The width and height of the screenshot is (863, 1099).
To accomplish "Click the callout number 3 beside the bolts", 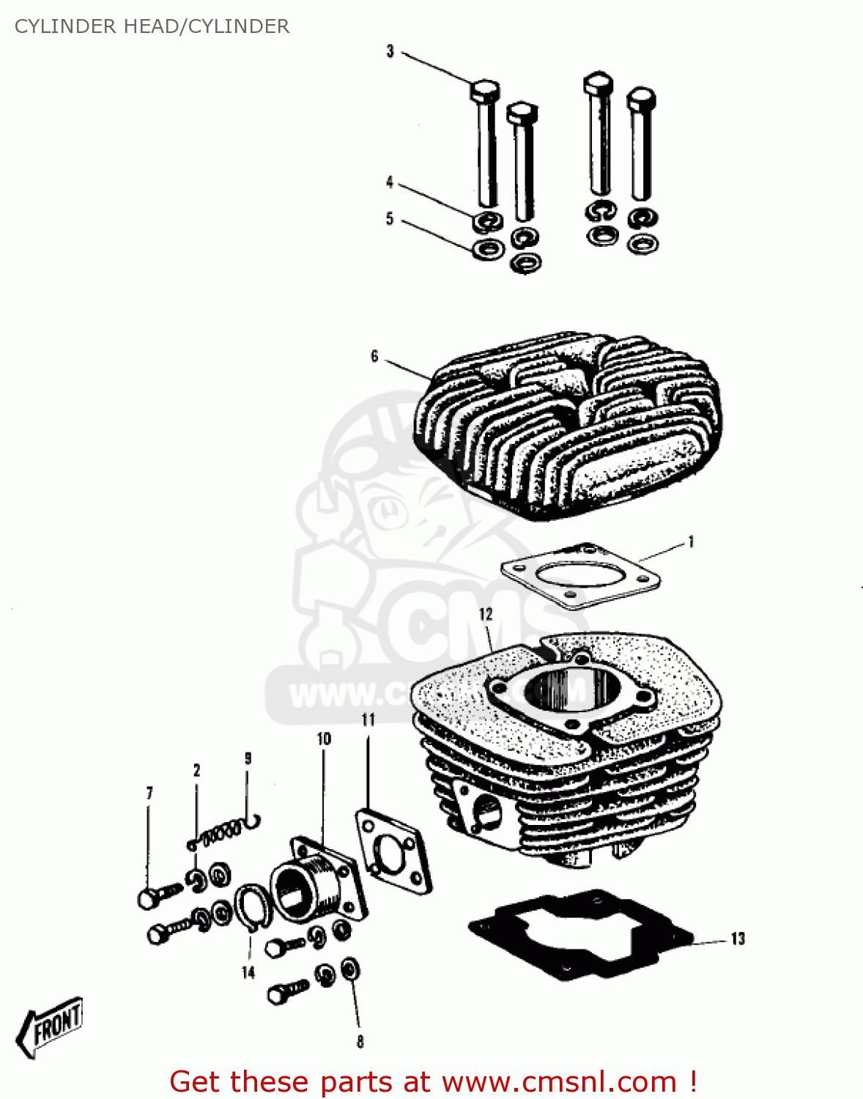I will coord(390,51).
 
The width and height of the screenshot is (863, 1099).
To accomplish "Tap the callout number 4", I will coord(390,182).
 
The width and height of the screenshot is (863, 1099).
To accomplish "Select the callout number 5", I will coord(390,218).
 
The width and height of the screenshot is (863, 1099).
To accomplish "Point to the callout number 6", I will coord(374,356).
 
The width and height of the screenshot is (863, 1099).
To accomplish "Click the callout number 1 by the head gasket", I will coord(691,542).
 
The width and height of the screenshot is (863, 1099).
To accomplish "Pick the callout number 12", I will coord(486,614).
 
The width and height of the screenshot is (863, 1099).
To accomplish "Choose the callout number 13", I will coord(738,939).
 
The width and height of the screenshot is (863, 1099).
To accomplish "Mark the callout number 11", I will coord(368,720).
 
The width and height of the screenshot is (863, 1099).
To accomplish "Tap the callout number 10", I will coord(324,739).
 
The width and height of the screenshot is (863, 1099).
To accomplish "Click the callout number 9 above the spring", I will coord(248,758).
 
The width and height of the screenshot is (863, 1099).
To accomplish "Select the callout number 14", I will coord(248,972).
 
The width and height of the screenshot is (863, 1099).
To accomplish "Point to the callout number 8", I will coord(360,1041).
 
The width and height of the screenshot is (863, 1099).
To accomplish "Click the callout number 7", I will coord(149,793).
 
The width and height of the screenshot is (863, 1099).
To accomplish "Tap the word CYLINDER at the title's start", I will coord(65,26).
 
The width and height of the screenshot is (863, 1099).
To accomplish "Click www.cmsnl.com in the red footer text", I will coord(559,1081).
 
